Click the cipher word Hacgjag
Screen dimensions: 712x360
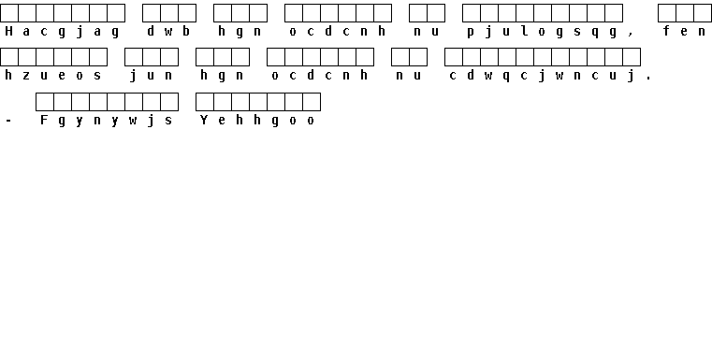[62, 32]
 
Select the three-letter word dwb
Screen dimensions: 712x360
[168, 31]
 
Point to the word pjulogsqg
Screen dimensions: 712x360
[542, 32]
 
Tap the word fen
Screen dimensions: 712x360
[684, 31]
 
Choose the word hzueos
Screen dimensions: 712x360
[53, 76]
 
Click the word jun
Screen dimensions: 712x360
[151, 76]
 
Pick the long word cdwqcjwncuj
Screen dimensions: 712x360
[542, 76]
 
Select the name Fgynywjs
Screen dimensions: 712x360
[107, 121]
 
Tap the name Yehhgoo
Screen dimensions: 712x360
[257, 121]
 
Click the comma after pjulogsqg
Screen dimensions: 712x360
[631, 35]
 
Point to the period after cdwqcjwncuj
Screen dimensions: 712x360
[648, 79]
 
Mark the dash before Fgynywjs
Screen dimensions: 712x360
[8, 121]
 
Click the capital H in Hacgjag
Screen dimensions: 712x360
[8, 31]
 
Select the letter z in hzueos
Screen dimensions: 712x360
[26, 77]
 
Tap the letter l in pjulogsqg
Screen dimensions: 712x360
[524, 31]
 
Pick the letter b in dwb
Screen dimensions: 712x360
[186, 31]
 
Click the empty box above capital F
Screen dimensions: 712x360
[45, 102]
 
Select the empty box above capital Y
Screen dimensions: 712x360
[204, 102]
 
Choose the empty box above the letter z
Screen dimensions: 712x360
[27, 57]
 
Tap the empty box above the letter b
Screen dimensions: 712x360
[186, 13]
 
